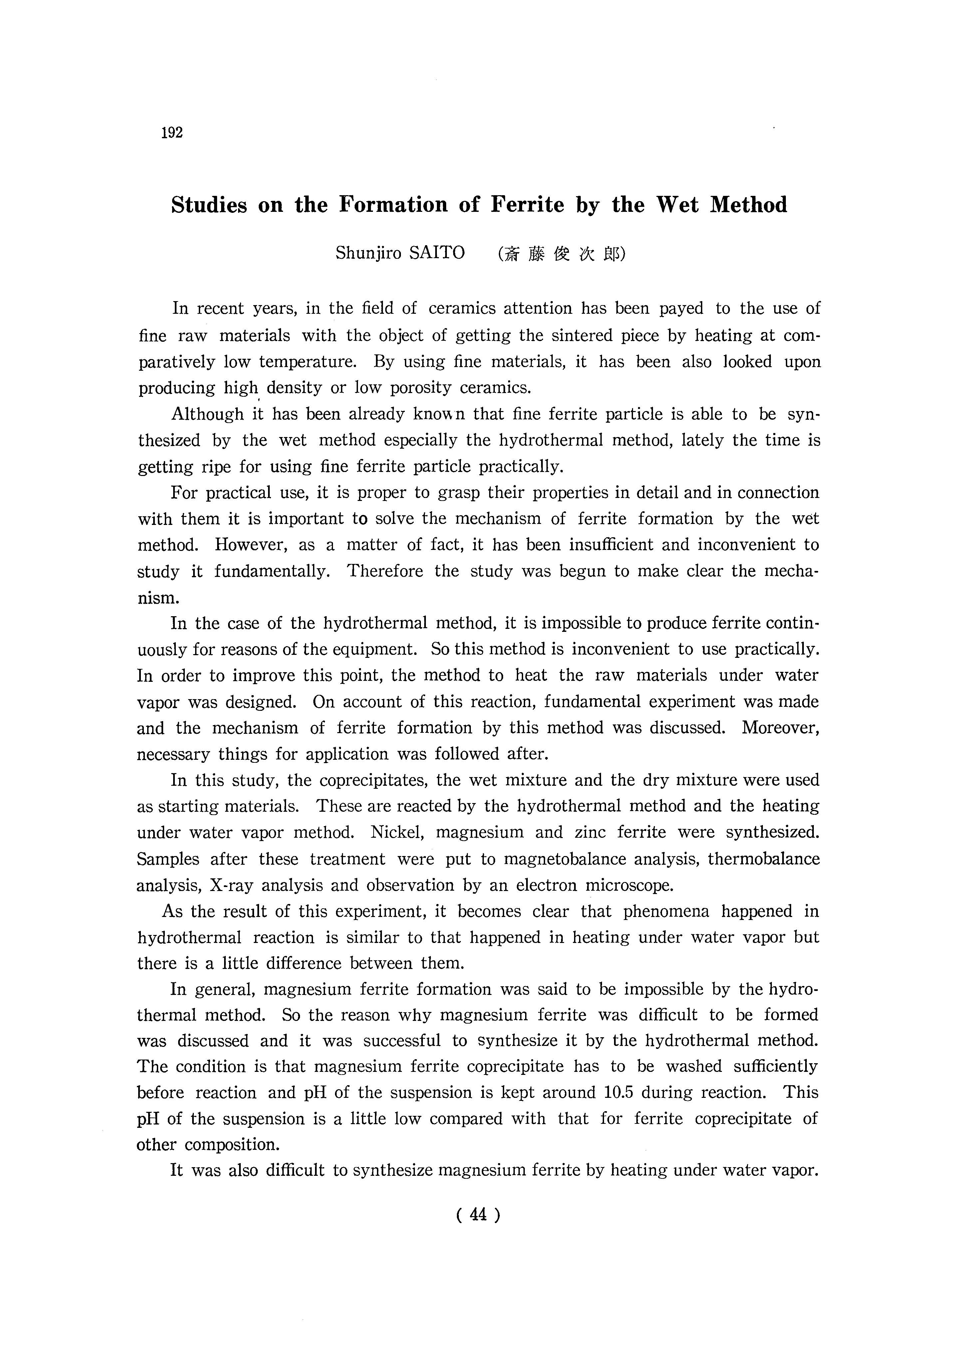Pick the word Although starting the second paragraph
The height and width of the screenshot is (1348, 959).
207,414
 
